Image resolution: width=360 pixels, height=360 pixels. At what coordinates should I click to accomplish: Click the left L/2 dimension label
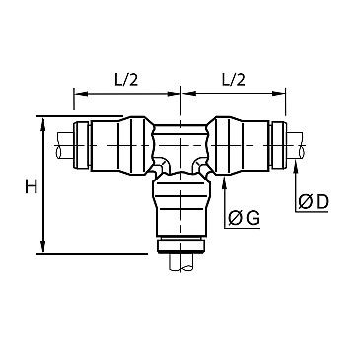[126, 77]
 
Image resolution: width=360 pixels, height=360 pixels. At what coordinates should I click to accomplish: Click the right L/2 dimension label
[234, 77]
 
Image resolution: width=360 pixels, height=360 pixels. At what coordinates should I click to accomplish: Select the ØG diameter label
[243, 219]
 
